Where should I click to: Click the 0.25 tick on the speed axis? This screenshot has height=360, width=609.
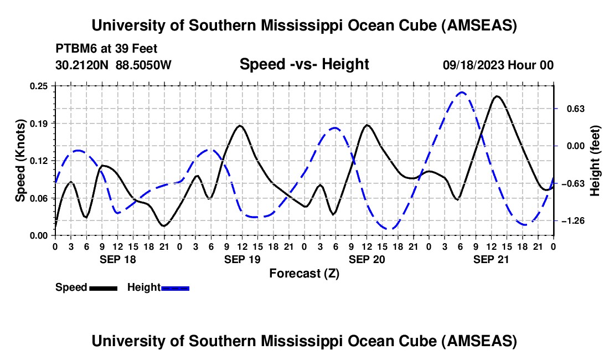[x=38, y=86]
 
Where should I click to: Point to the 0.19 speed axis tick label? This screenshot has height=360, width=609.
[x=38, y=124]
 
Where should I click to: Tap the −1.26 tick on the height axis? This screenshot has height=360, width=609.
[x=573, y=220]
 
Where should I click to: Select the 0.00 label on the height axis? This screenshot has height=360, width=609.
[x=576, y=146]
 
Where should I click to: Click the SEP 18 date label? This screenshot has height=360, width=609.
[x=118, y=259]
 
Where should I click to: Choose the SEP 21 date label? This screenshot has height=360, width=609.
[x=491, y=259]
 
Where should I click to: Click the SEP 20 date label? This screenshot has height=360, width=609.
[x=367, y=259]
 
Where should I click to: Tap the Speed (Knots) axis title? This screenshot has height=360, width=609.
[x=20, y=161]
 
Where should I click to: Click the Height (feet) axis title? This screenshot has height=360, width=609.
[x=595, y=161]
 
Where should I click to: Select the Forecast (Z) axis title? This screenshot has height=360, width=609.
[x=304, y=274]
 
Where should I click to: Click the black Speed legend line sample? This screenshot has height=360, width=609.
[x=104, y=288]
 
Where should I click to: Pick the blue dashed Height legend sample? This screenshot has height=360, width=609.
[x=175, y=288]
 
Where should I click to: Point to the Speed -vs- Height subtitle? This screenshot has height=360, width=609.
[x=304, y=64]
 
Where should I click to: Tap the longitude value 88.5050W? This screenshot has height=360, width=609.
[x=143, y=65]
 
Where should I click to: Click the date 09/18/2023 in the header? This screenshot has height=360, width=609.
[x=474, y=65]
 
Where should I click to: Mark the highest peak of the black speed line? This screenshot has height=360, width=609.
[x=497, y=96]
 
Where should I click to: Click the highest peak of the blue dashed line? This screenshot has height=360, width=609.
[x=461, y=92]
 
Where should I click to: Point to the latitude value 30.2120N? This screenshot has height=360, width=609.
[x=82, y=65]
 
